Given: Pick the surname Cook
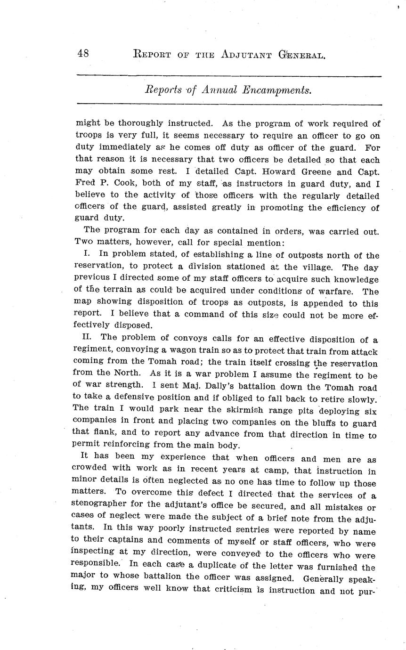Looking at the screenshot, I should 123,184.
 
